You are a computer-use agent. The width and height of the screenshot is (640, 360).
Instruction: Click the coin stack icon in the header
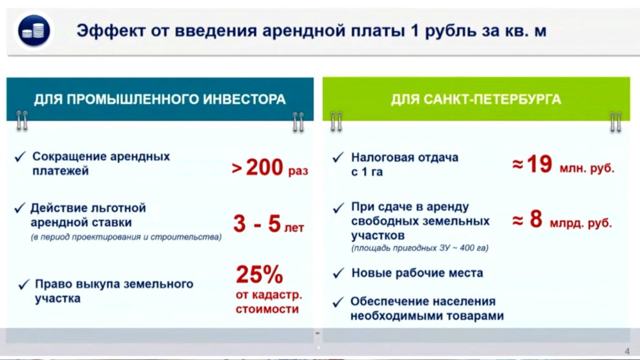pos(34,30)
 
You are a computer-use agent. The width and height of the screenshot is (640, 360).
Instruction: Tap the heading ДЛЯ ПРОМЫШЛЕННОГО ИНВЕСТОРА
pos(160,99)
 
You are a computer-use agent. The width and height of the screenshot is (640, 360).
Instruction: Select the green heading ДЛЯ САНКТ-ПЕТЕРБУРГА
pos(476,99)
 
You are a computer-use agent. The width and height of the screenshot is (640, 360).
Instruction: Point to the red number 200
pos(264,167)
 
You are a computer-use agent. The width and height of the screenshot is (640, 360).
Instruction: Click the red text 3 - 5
pos(257,223)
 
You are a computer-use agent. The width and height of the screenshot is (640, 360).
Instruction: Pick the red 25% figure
pos(259,274)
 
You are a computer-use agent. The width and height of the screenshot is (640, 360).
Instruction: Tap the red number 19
pos(540,164)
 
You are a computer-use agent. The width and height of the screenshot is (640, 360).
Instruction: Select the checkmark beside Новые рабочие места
pos(338,273)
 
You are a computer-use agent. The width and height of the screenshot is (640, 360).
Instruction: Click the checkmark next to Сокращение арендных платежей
pos(20,157)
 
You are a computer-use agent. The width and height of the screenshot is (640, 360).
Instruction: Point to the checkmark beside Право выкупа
pos(24,284)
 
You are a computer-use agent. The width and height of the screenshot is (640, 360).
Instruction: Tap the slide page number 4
pos(627,351)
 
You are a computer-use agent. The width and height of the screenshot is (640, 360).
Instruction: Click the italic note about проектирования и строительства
pos(126,237)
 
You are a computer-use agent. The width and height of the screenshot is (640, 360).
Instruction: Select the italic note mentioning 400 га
pos(420,248)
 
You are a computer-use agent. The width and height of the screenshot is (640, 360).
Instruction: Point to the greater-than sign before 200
pos(237,168)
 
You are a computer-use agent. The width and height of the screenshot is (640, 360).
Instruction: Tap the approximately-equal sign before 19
pos(518,165)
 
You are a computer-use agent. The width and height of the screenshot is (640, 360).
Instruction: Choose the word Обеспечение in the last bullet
pos(383,302)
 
